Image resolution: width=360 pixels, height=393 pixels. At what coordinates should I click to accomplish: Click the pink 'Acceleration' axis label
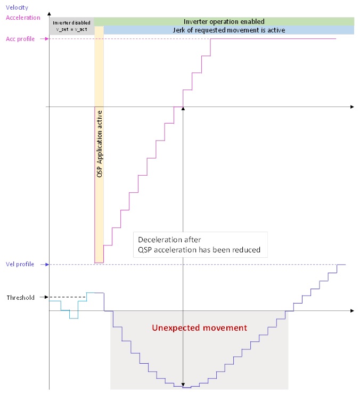point(23,17)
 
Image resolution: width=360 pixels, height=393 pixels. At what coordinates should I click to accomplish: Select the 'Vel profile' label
point(20,265)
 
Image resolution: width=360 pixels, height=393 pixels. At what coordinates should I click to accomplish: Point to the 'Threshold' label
point(20,298)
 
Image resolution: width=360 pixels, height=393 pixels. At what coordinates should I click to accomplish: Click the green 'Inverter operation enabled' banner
point(224,21)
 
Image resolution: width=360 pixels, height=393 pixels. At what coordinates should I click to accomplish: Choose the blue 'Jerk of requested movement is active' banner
point(229,30)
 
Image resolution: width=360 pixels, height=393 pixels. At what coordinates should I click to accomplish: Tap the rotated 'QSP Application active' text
point(99,144)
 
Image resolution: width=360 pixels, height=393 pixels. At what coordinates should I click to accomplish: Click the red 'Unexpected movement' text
point(199,328)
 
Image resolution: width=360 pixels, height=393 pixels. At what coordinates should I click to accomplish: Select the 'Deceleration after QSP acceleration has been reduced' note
point(199,244)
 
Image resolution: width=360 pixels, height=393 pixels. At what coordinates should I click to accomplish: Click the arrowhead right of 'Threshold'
point(46,297)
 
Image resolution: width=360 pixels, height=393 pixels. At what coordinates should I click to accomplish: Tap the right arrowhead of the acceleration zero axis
point(351,107)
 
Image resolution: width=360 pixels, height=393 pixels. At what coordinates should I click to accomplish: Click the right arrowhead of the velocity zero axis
point(351,310)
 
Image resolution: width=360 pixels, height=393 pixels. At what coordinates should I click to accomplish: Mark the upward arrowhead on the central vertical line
point(183,109)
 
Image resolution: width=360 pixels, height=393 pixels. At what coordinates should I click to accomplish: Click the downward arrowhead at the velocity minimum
point(183,384)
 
